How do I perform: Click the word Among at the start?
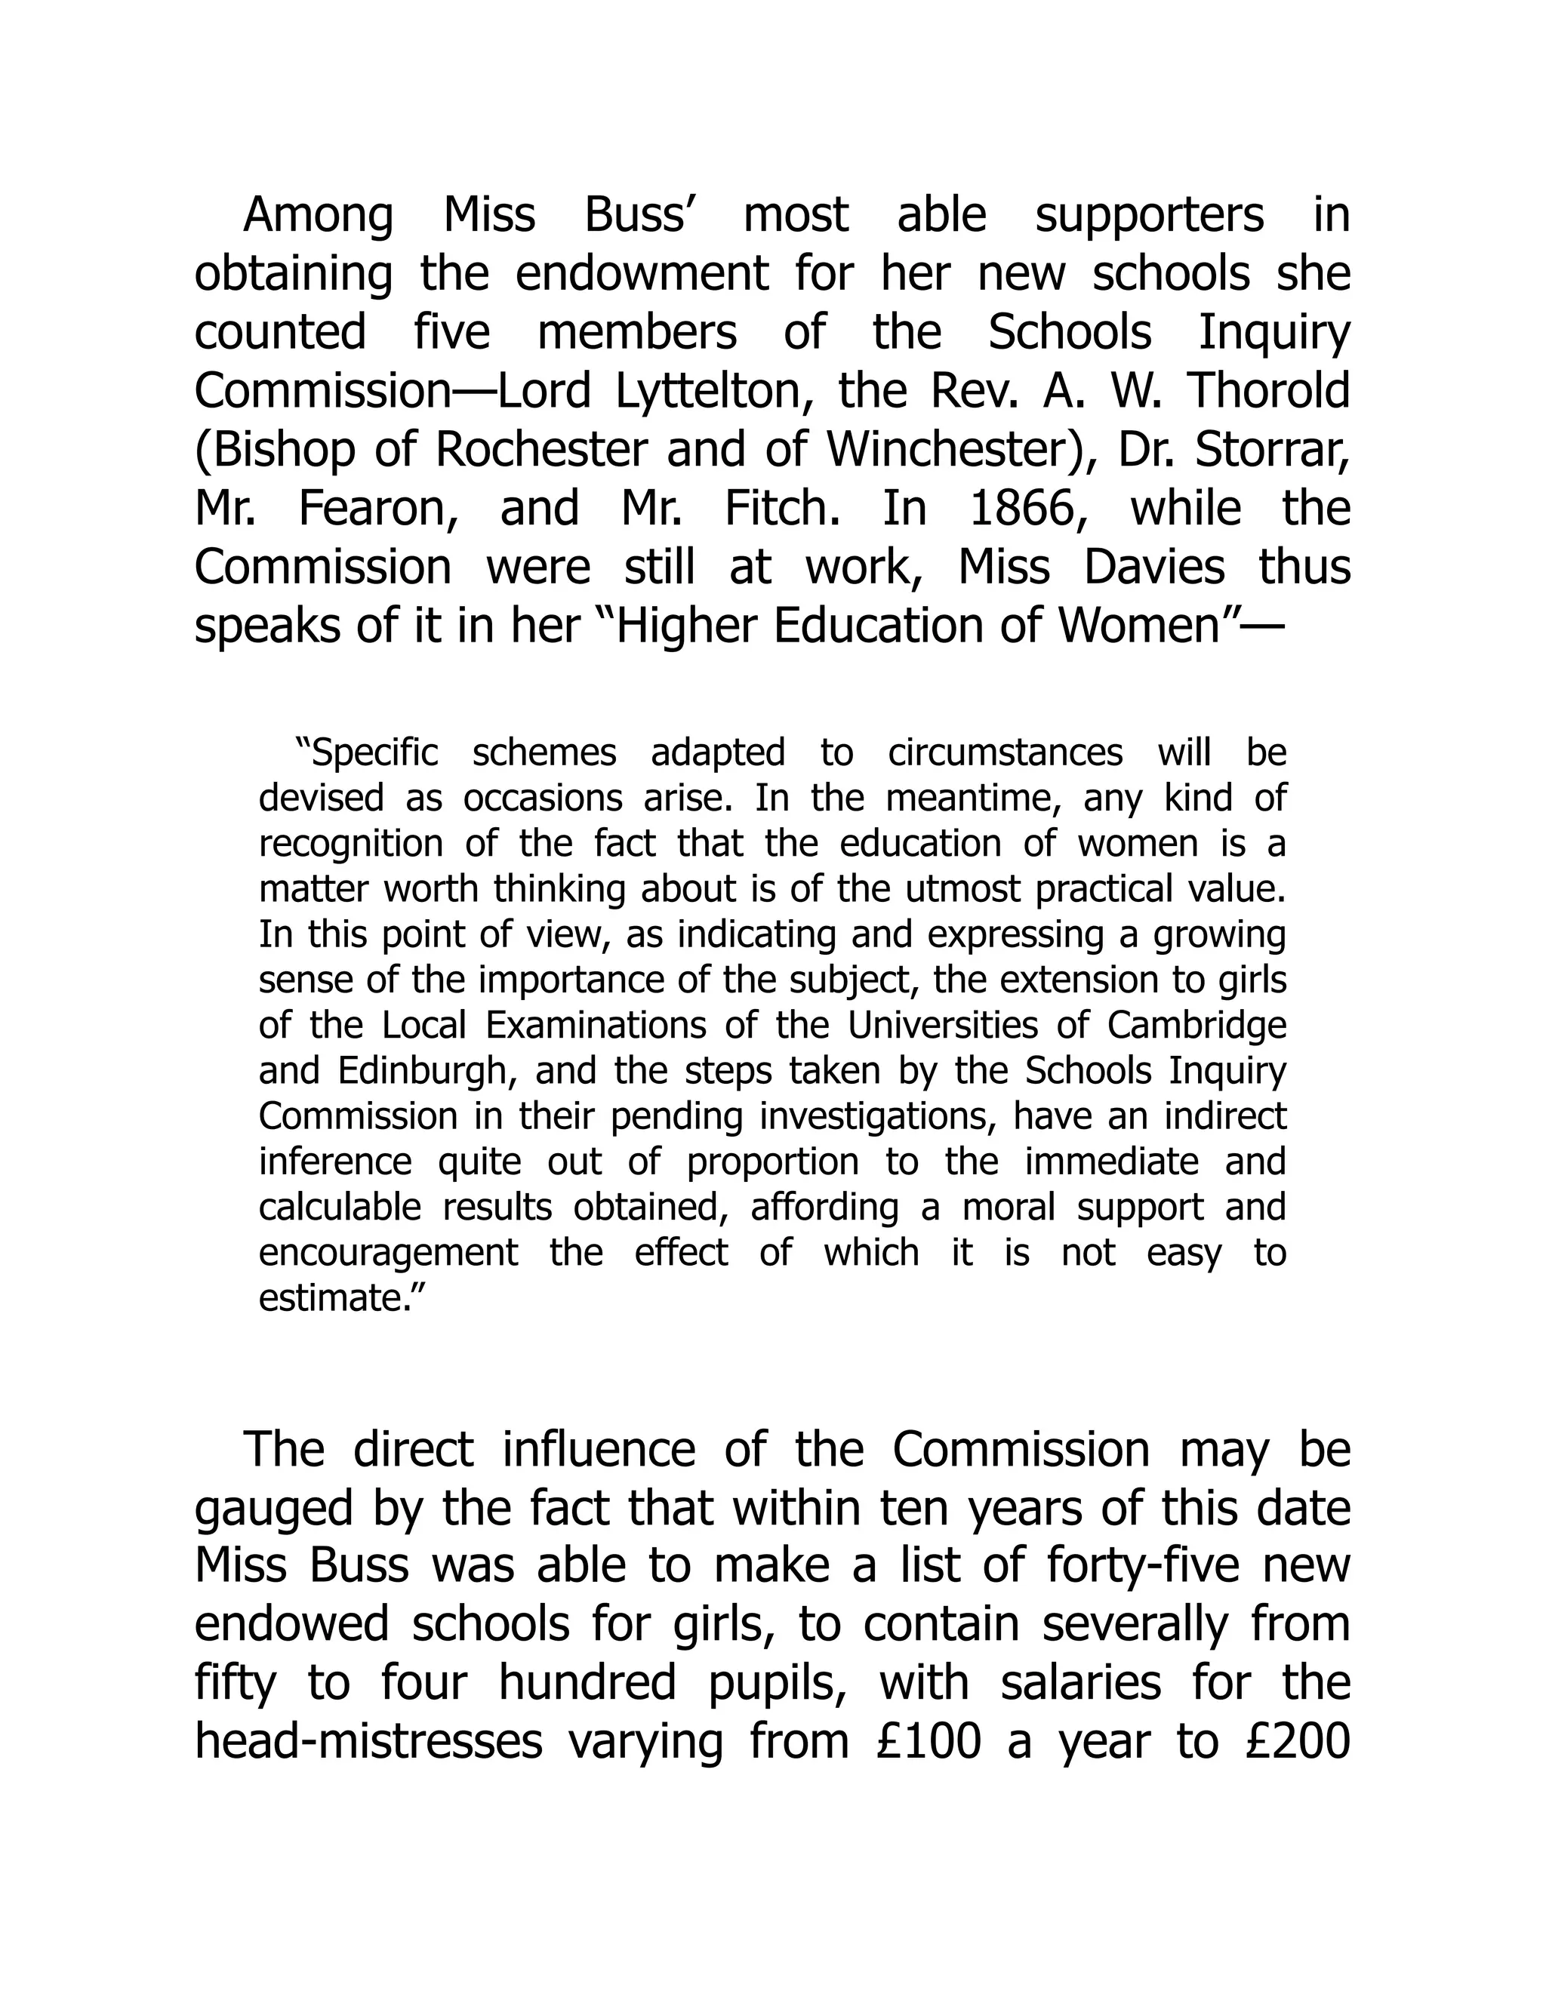tap(318, 216)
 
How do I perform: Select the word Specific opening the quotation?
tap(366, 752)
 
